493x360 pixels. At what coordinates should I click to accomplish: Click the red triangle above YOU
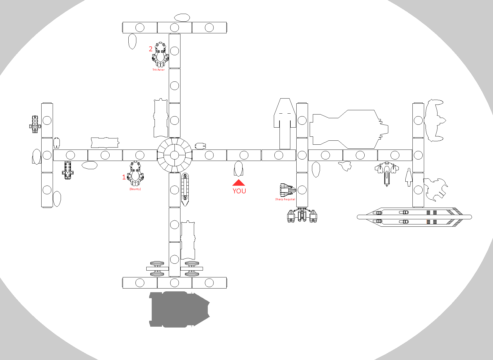(239, 183)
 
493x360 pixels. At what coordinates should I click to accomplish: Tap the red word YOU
(239, 191)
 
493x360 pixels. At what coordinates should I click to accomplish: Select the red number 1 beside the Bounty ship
(124, 177)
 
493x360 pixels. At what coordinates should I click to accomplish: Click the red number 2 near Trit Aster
(151, 49)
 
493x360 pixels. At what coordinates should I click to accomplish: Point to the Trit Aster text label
(158, 70)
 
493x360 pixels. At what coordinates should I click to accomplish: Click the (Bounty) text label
(135, 189)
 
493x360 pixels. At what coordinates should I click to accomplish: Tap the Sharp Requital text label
(285, 199)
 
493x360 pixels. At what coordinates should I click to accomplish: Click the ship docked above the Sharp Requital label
(287, 190)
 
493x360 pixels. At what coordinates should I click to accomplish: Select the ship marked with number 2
(160, 54)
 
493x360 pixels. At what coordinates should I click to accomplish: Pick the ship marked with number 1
(135, 173)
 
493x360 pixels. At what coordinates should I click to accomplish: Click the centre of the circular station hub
(174, 155)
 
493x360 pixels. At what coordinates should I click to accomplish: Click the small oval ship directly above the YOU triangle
(238, 169)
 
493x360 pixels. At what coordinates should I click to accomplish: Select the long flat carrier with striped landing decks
(414, 217)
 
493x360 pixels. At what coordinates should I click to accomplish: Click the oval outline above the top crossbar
(182, 18)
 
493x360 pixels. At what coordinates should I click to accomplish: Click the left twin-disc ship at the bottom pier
(157, 269)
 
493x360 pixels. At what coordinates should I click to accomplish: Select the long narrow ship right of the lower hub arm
(185, 189)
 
